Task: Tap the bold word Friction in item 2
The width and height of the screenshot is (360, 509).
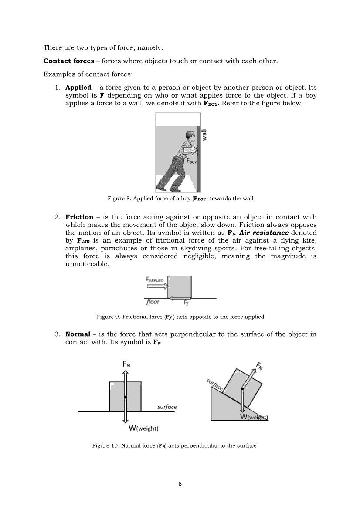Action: (79, 217)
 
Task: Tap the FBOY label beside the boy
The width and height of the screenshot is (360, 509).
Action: (192, 162)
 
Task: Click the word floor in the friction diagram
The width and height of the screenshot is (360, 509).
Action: (153, 302)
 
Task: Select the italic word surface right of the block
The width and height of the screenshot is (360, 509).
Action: (167, 407)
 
